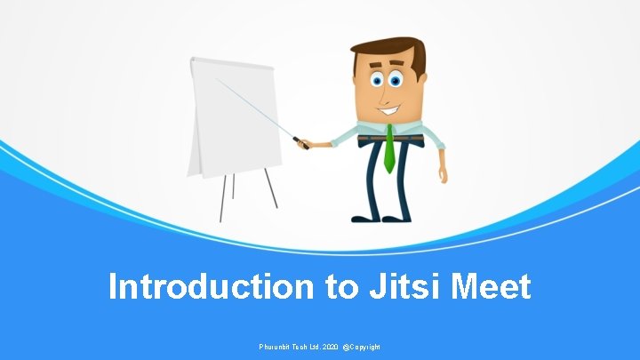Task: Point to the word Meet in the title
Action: point(491,287)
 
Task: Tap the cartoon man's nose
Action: point(388,92)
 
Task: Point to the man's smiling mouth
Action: point(389,110)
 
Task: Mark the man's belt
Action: point(388,138)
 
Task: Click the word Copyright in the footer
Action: point(363,346)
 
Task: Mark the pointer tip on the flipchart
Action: point(217,78)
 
